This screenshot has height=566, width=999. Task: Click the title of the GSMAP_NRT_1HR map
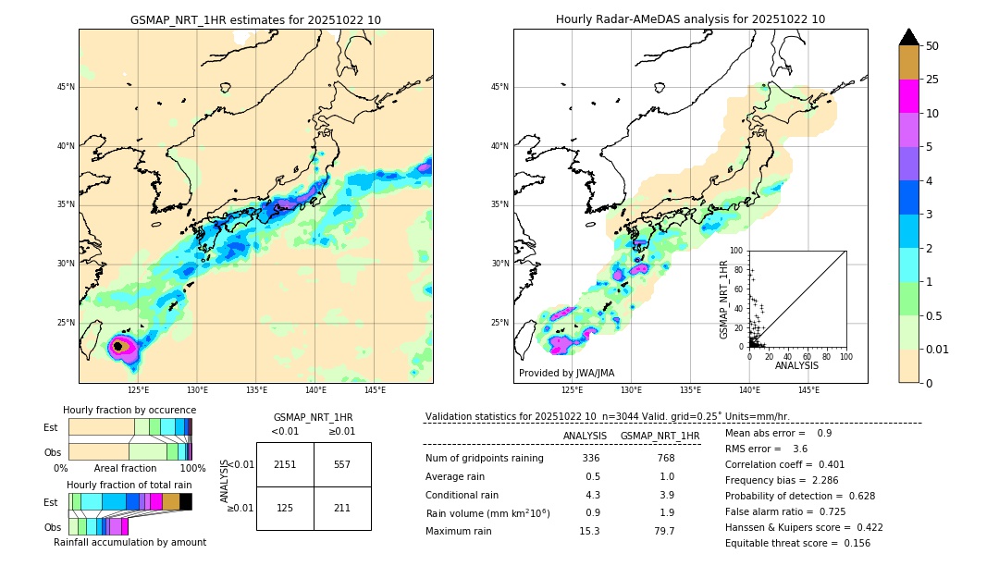click(255, 19)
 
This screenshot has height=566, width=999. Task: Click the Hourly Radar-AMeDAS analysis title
click(690, 19)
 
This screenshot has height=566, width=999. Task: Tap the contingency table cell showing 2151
click(285, 464)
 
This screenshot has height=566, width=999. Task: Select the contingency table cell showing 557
click(342, 464)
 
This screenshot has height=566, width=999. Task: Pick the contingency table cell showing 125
click(285, 508)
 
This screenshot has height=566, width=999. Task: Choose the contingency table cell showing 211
click(342, 508)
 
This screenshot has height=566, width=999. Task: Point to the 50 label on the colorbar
click(932, 46)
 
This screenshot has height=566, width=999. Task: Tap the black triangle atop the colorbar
click(909, 37)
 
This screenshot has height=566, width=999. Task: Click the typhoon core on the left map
click(117, 346)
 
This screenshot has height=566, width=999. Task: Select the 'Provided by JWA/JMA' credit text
click(566, 374)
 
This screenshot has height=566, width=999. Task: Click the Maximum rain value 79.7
click(666, 531)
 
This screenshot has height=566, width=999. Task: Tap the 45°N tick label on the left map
click(66, 87)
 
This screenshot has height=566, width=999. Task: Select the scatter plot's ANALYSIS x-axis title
click(796, 365)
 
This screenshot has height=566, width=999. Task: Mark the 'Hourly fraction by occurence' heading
click(129, 410)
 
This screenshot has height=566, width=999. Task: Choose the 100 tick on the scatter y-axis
click(738, 251)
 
